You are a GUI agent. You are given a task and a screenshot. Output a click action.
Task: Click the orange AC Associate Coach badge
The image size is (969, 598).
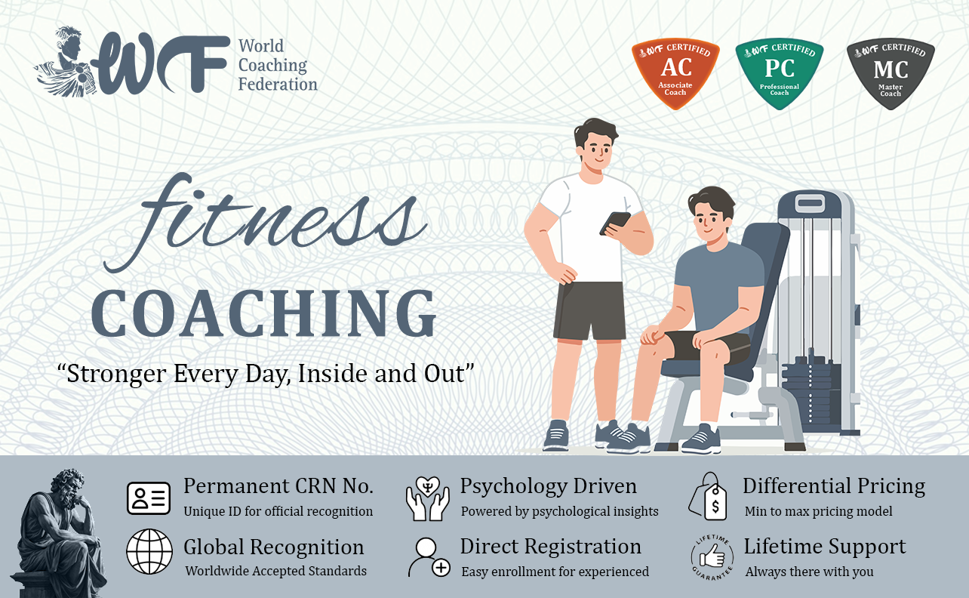[x=675, y=72]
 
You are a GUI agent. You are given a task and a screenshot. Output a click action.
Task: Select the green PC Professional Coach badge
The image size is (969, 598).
[x=779, y=72]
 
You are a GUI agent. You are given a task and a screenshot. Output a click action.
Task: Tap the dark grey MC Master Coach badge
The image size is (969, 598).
[x=891, y=72]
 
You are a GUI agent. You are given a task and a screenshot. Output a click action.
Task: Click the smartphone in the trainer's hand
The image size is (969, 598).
[x=614, y=223]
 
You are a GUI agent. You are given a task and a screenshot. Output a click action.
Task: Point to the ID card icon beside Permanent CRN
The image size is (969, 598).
[x=149, y=498]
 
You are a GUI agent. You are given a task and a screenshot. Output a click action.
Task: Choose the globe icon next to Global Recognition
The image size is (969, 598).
[x=149, y=551]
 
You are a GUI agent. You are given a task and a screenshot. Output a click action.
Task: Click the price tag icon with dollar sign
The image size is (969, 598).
[x=708, y=497]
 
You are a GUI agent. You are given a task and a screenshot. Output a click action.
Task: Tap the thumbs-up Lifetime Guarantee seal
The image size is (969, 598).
[x=712, y=557]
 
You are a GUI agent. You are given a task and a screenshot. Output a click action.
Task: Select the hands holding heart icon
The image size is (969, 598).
[x=427, y=498]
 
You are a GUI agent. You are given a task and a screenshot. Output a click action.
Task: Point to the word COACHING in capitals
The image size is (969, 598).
[x=263, y=313]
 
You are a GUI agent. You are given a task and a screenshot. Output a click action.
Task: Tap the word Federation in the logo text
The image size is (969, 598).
[x=278, y=84]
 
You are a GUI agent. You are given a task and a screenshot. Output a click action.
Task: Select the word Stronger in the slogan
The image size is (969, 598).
[x=116, y=374]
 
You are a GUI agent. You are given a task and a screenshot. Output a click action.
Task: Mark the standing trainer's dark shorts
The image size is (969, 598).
[x=589, y=310]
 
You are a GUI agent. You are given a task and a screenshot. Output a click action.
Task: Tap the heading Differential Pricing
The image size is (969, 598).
[x=834, y=486]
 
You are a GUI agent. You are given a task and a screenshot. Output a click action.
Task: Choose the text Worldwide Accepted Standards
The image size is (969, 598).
[x=276, y=571]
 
